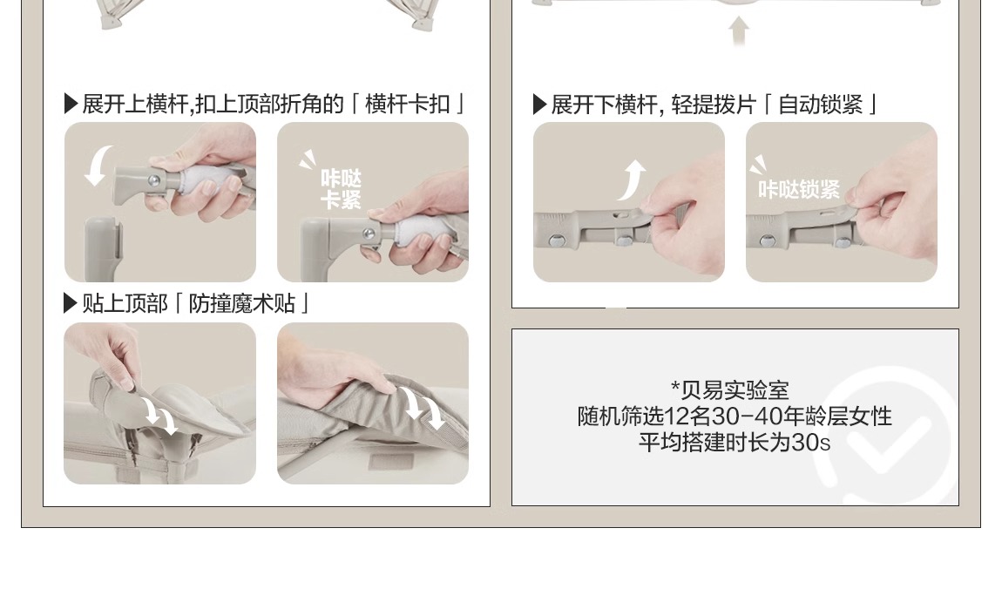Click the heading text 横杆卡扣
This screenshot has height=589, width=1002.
[x=407, y=104]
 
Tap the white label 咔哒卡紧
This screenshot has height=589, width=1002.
[x=341, y=189]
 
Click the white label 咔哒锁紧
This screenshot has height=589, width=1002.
[x=799, y=189]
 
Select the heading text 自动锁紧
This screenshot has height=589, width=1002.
[x=821, y=105]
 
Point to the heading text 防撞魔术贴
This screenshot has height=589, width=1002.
[x=241, y=303]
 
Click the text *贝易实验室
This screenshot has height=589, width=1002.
[x=730, y=389]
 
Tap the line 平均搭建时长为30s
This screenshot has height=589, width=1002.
[x=735, y=442]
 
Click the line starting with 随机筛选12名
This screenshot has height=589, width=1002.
[x=735, y=416]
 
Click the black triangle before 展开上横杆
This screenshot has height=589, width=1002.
[x=71, y=104]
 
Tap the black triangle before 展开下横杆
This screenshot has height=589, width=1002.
[x=539, y=105]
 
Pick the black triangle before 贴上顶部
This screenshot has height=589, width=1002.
[x=71, y=303]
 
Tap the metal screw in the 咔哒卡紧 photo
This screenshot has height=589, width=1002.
[x=369, y=234]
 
